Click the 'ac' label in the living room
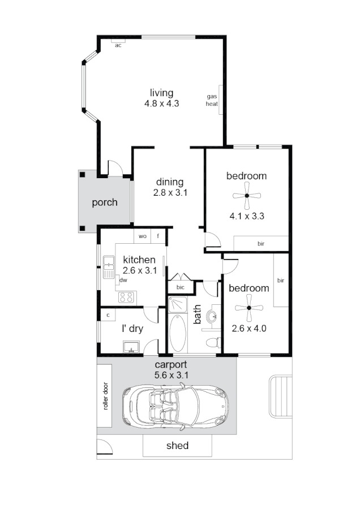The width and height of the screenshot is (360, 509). click(118, 45)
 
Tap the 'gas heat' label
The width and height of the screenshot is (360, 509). click(212, 100)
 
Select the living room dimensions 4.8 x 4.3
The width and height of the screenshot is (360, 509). click(162, 103)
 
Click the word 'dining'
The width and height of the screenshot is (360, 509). click(170, 182)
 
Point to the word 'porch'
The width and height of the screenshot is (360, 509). click(105, 202)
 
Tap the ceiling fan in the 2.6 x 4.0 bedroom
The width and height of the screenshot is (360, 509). click(250, 308)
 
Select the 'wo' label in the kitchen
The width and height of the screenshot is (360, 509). click(143, 236)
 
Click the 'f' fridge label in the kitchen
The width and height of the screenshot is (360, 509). click(158, 236)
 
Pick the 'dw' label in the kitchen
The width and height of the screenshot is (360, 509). click(122, 280)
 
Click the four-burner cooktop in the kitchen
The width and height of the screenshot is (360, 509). click(126, 297)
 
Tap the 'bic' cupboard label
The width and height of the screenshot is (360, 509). click(181, 287)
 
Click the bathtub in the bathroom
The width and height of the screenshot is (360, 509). click(177, 334)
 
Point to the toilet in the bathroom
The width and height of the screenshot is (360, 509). click(212, 342)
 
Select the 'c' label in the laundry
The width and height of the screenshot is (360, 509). click(108, 314)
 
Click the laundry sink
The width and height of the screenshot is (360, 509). click(132, 346)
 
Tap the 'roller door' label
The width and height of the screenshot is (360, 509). click(105, 396)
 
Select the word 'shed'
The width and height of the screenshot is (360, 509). click(177, 446)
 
